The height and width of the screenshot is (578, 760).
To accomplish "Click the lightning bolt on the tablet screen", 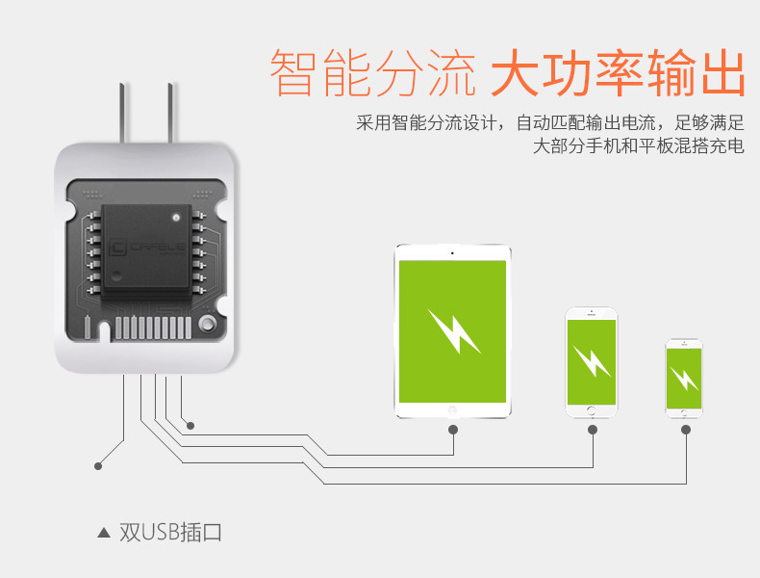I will click(x=453, y=330).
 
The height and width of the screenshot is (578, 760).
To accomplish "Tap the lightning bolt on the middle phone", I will click(x=591, y=361).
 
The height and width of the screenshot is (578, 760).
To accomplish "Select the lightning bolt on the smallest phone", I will click(x=684, y=378).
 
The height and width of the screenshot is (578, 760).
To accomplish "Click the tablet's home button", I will click(x=452, y=409).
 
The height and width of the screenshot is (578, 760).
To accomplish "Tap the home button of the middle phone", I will click(x=591, y=411).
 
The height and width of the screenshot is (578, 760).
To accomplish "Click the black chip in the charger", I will click(x=144, y=248).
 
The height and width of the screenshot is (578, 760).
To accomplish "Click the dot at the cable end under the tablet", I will click(x=453, y=430).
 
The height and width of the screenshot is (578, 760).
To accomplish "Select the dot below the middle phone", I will click(x=591, y=430).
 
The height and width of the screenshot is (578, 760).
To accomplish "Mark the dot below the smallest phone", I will click(x=685, y=430).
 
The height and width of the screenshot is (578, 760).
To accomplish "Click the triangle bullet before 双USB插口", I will click(x=104, y=532).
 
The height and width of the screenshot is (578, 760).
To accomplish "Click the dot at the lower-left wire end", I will click(x=98, y=466).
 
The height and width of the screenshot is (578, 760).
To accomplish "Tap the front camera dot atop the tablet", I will click(x=452, y=253).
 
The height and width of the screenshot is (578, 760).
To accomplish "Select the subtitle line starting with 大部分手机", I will click(x=638, y=147).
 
